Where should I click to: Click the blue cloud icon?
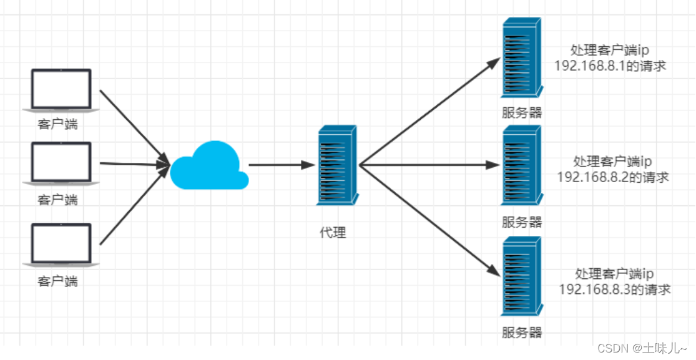click(209, 167)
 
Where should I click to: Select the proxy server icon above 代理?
click(338, 165)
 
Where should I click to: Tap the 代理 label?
click(333, 233)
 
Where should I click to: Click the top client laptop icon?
click(61, 90)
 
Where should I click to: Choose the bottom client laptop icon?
click(61, 245)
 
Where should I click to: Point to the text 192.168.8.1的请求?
click(610, 66)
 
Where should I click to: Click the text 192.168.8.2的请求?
click(612, 177)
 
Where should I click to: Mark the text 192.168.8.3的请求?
click(614, 289)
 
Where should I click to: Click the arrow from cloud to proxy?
click(280, 165)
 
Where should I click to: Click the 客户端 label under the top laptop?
click(57, 124)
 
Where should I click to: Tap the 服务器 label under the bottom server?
click(522, 332)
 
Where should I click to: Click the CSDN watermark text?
click(642, 349)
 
